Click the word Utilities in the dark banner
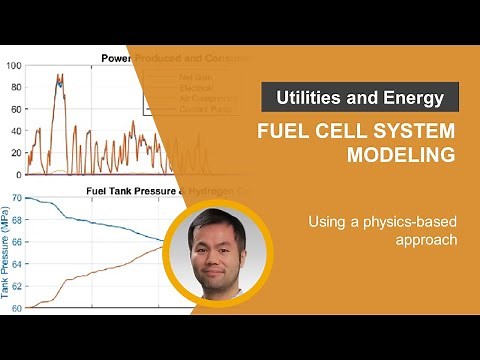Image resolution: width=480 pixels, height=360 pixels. (304, 97)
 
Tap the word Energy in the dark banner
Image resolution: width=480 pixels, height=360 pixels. (417, 97)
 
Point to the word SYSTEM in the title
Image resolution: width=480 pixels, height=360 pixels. (413, 131)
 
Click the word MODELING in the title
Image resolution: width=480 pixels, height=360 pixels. (400, 155)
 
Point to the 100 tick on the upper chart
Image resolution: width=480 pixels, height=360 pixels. (13, 66)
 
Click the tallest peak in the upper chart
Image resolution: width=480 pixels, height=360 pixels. (60, 75)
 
